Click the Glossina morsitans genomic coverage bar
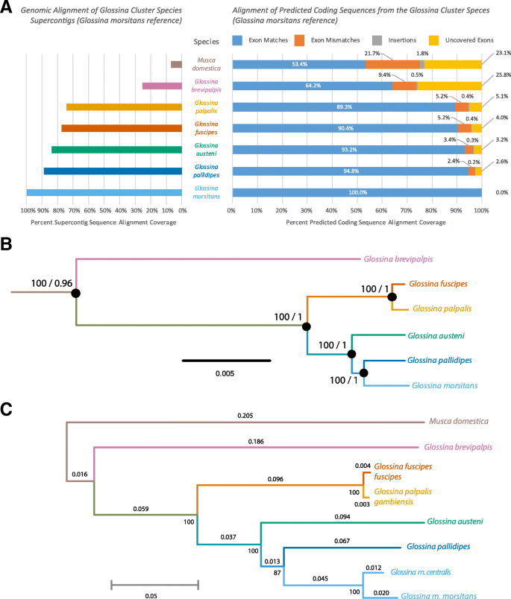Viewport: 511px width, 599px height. pos(104,193)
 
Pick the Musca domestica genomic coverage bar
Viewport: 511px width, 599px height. pos(176,65)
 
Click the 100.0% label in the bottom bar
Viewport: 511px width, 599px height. pos(357,193)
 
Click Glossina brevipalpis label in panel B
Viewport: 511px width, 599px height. pos(398,261)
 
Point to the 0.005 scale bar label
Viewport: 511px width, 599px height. pos(226,373)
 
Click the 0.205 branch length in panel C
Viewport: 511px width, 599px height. pos(245,415)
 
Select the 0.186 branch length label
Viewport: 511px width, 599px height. pos(256,441)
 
